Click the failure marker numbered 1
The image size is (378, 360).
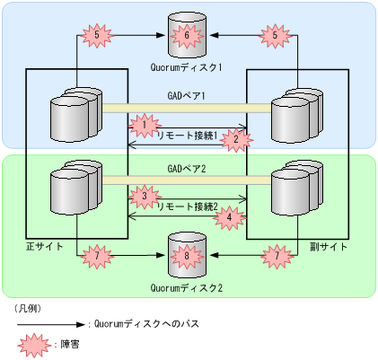(142, 123)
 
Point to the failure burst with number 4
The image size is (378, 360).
(231, 215)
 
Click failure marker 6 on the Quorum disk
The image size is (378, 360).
(187, 37)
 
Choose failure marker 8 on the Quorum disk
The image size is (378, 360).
(187, 258)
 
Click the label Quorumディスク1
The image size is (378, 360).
(187, 66)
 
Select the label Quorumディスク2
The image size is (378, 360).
(187, 287)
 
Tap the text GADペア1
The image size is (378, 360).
(187, 94)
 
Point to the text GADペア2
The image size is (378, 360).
(187, 168)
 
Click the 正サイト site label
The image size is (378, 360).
(44, 245)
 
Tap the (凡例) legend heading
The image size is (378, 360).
(27, 307)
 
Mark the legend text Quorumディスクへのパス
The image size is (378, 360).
(145, 323)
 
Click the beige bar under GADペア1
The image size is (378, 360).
(187, 108)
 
